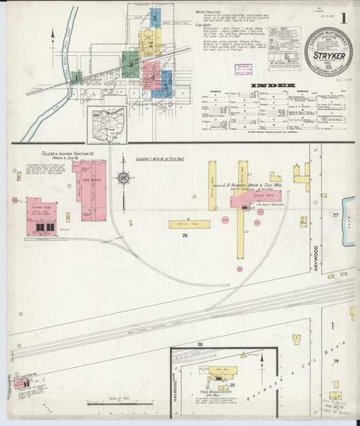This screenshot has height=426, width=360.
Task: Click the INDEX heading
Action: click(x=273, y=86)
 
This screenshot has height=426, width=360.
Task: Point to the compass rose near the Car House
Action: click(x=124, y=178)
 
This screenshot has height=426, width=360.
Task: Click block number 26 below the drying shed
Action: click(x=184, y=236)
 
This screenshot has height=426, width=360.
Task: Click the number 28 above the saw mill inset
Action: click(x=200, y=344)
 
